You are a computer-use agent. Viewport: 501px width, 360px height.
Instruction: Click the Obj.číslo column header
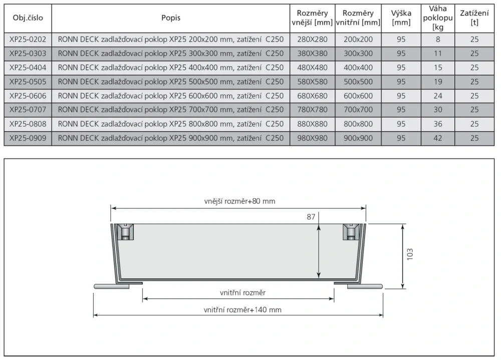(28, 18)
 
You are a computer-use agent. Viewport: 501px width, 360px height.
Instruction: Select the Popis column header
(171, 18)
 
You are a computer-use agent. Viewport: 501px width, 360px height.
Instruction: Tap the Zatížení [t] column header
(474, 18)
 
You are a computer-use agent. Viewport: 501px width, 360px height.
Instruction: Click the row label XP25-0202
(28, 39)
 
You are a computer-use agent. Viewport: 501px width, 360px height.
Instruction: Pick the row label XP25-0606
(28, 96)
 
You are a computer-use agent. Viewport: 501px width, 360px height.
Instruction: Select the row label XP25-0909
(28, 138)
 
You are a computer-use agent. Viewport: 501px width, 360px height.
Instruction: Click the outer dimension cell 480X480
(313, 68)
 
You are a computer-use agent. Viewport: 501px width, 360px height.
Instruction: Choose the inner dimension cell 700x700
(358, 110)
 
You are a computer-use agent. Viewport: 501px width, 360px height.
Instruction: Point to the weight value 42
(437, 138)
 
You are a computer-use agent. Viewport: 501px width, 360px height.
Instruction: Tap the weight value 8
(437, 39)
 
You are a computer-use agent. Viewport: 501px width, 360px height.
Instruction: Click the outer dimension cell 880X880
(313, 124)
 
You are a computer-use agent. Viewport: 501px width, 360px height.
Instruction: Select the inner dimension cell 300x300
(358, 53)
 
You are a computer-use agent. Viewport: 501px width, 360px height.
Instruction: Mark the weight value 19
(437, 82)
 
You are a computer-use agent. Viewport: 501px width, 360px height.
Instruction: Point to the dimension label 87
(311, 217)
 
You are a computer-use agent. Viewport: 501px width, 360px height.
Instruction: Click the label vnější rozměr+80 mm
(239, 201)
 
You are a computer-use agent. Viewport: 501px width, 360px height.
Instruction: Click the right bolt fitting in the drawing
(351, 232)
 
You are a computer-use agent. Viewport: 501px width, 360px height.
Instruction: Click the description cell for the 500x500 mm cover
(171, 82)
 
